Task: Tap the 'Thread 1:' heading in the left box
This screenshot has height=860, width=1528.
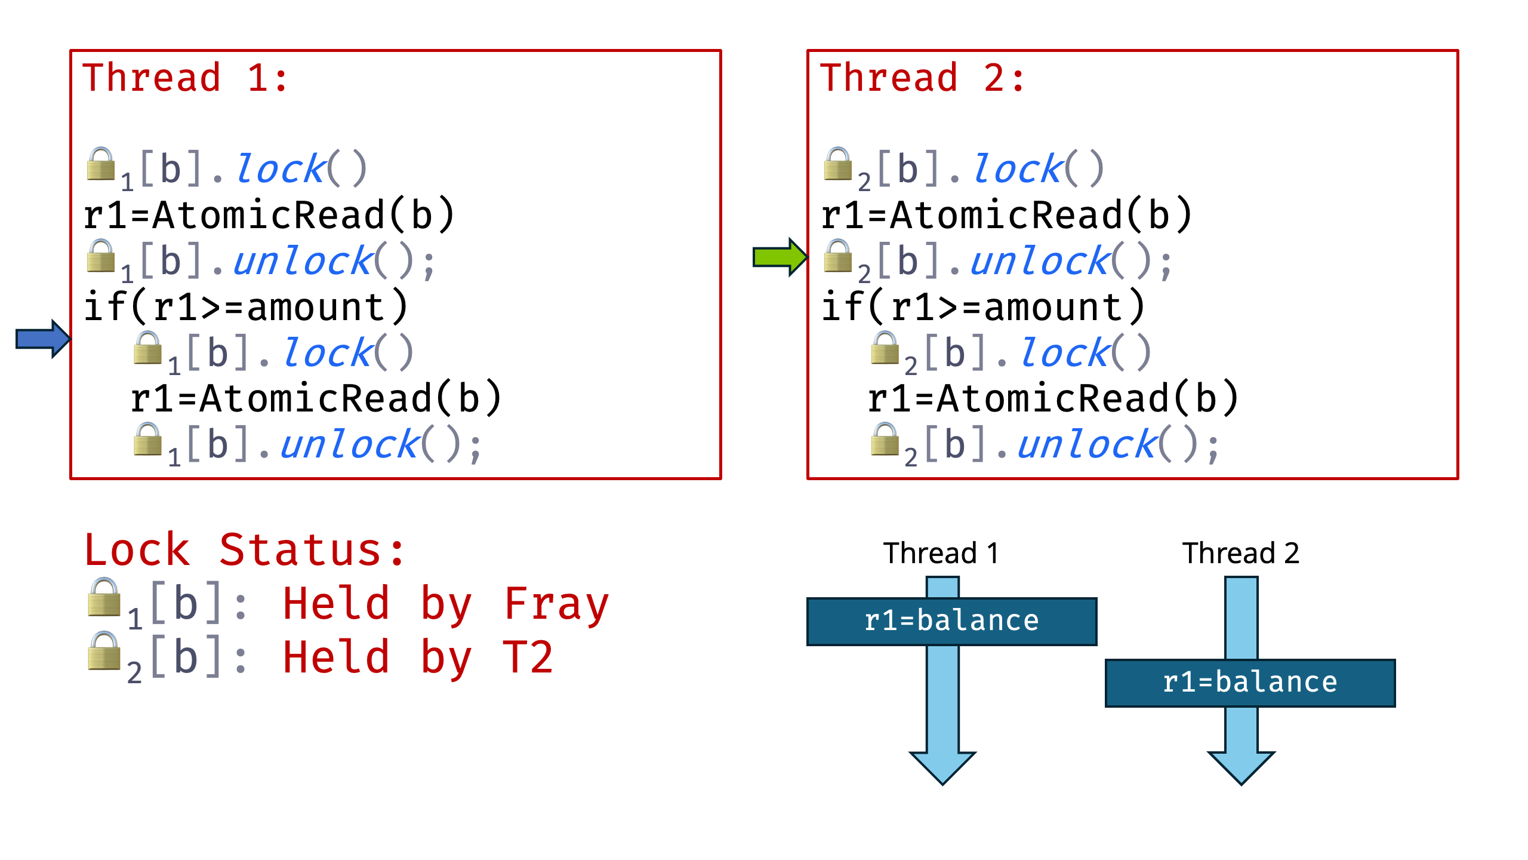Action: point(185,78)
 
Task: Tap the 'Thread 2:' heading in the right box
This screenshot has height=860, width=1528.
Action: point(922,78)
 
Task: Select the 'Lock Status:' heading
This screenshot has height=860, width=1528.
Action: point(245,549)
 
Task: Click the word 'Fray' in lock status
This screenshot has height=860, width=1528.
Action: point(556,604)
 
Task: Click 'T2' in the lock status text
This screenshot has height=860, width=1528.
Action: point(528,658)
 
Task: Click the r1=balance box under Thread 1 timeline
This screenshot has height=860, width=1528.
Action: point(951,621)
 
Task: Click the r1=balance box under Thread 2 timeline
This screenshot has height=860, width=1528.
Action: point(1250,683)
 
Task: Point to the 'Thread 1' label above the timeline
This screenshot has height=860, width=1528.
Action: point(941,553)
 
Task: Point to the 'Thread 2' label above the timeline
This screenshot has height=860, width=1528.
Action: point(1240,553)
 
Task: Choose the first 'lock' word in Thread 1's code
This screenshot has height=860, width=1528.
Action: point(281,169)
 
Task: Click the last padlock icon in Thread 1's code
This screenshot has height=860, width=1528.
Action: point(147,440)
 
